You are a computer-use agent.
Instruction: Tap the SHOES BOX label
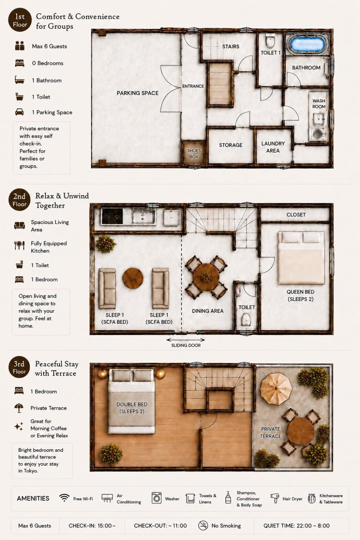[194, 154]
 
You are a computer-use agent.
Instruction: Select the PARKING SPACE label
[138, 93]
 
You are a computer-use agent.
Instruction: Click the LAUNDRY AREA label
[273, 147]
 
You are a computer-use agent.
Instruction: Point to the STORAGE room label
[231, 145]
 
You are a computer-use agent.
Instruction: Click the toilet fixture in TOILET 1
[270, 41]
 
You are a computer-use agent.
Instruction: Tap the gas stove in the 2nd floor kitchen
[112, 216]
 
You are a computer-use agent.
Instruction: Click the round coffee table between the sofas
[133, 278]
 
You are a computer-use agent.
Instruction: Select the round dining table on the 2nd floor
[206, 276]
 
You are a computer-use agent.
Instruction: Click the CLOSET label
[296, 214]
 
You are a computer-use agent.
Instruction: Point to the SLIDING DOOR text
[186, 345]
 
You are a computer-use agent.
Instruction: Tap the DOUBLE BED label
[132, 404]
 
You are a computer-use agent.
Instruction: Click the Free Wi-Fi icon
[64, 498]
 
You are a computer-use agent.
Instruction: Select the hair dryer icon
[274, 498]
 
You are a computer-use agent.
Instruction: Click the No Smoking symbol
[203, 525]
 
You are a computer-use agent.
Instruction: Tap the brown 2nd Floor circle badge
[19, 200]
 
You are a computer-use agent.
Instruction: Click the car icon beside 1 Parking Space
[19, 112]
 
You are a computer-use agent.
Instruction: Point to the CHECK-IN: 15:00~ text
[92, 525]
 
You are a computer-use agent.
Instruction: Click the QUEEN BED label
[300, 292]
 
